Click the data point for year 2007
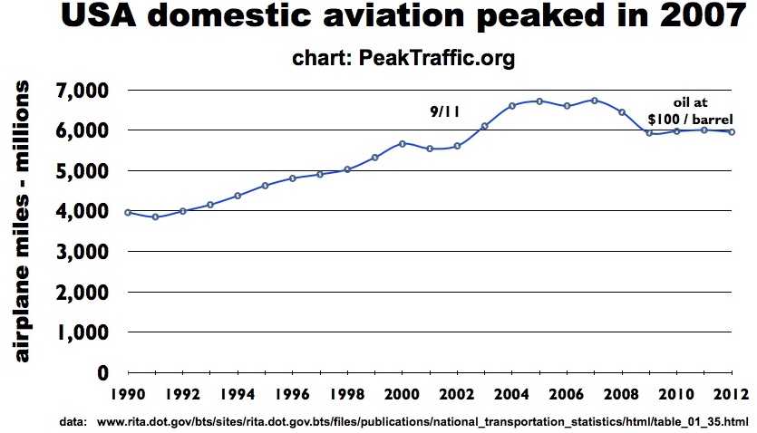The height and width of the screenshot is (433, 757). [595, 101]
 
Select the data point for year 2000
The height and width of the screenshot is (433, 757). [402, 143]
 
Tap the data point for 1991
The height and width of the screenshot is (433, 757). [155, 217]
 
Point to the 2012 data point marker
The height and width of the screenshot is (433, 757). [732, 132]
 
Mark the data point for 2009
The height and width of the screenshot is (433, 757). [649, 133]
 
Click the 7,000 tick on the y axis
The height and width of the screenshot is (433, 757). [82, 91]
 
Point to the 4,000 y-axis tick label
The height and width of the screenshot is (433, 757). [82, 211]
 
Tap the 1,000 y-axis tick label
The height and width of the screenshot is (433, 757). [82, 332]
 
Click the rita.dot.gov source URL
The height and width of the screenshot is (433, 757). [422, 422]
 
